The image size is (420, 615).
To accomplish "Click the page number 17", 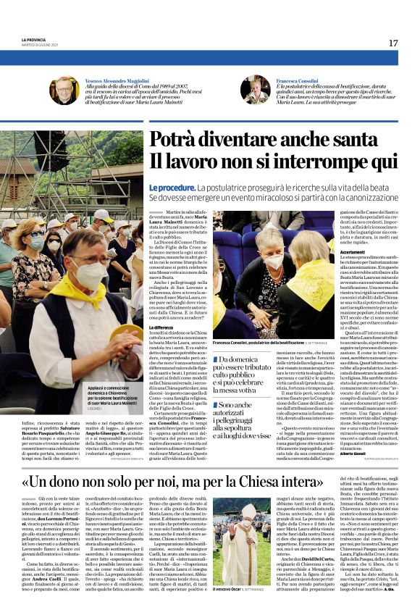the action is tap(392, 43).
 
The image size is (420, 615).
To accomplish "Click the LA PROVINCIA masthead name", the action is tap(33, 39).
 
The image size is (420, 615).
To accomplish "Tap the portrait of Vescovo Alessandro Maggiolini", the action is tap(64, 91).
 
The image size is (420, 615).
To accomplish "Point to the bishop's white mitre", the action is tap(246, 510).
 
